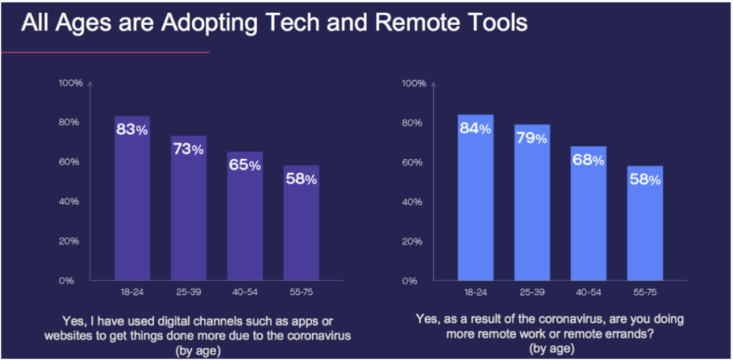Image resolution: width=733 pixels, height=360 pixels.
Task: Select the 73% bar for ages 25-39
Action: (x=188, y=208)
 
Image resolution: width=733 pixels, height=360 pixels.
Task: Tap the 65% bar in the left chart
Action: (x=245, y=215)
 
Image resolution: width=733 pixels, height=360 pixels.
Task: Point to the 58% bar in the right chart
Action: (x=645, y=223)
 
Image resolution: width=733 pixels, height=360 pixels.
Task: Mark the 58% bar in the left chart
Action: (x=301, y=223)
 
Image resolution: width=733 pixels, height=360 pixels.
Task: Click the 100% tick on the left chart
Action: (x=72, y=83)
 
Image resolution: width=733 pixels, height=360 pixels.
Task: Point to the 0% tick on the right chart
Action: (x=410, y=281)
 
